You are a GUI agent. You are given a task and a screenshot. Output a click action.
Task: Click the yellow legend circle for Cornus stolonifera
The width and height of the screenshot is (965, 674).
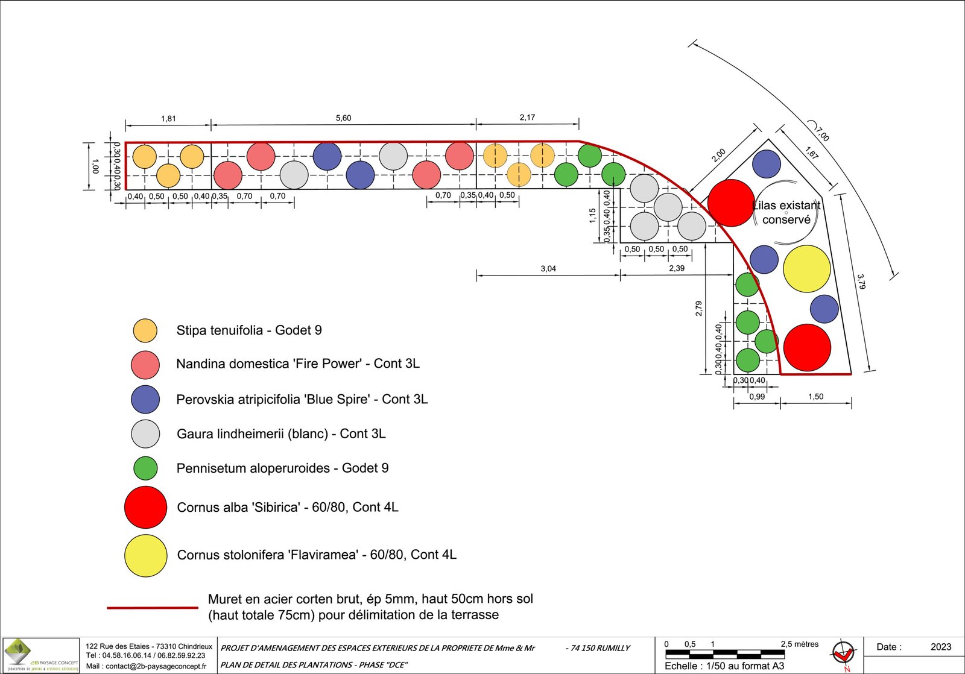[145, 555]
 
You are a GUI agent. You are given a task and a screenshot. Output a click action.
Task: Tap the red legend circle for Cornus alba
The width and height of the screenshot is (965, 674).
[145, 507]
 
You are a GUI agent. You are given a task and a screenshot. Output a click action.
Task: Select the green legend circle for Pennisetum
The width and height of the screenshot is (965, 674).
[145, 468]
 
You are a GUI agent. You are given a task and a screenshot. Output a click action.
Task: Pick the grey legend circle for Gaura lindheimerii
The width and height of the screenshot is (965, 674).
[145, 433]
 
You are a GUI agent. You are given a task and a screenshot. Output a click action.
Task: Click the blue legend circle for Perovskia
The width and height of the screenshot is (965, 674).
[145, 399]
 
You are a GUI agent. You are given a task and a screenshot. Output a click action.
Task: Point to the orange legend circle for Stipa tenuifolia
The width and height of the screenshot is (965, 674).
[145, 330]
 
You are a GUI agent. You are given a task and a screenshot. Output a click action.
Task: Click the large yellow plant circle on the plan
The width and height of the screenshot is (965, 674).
[806, 268]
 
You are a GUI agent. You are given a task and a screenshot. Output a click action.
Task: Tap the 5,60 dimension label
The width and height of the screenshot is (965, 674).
[343, 118]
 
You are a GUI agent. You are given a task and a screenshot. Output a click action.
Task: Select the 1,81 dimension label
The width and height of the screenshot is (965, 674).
[168, 119]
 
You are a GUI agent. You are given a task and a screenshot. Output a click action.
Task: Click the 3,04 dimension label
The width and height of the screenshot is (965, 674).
[548, 269]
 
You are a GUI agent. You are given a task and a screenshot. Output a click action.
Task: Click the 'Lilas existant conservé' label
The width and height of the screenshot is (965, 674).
[786, 212]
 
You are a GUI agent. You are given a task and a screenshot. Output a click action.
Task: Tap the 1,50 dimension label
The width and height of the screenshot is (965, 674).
[815, 397]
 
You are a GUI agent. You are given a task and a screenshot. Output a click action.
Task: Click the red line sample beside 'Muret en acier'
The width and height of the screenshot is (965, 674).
[153, 608]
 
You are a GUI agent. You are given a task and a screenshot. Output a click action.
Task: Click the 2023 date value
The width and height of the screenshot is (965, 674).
[940, 647]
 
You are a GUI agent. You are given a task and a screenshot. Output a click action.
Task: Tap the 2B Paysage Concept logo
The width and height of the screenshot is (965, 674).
[41, 654]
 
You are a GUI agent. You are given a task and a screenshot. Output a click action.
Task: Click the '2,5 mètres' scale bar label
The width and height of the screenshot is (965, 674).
[799, 644]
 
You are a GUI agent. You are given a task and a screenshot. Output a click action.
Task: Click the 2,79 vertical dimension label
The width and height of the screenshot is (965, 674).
[698, 309]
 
